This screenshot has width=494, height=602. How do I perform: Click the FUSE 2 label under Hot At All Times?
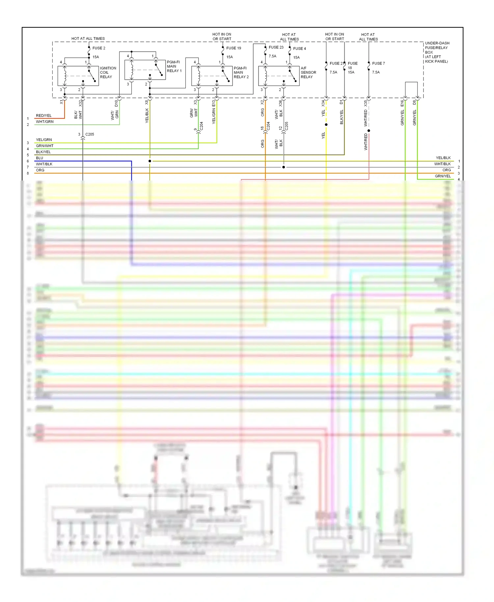[x=99, y=48]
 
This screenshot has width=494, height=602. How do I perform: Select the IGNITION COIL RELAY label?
[x=108, y=72]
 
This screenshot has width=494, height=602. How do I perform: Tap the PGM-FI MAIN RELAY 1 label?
[x=174, y=67]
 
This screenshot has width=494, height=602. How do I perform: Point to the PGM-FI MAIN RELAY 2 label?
[x=241, y=72]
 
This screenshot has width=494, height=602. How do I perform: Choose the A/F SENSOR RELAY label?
[x=308, y=72]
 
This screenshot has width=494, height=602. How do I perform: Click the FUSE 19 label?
[x=233, y=48]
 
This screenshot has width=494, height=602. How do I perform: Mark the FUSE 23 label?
[x=276, y=47]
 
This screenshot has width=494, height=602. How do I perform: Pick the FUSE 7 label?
[x=378, y=64]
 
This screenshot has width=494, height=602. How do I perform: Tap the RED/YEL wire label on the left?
[x=44, y=116]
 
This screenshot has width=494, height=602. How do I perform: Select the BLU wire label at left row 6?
[x=40, y=158]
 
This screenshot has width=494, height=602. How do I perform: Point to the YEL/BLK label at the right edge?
[x=443, y=158]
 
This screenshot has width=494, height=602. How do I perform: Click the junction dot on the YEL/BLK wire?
[x=150, y=161]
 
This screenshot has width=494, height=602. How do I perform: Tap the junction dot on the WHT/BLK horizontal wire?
[x=284, y=167]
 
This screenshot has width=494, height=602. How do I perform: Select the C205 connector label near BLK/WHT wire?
[x=90, y=134]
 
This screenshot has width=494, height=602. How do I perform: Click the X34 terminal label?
[x=323, y=103]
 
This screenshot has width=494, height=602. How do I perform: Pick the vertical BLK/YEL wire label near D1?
[x=342, y=117]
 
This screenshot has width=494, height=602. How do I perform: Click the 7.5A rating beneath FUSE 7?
[x=376, y=72]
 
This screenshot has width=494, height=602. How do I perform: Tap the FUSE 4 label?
[x=299, y=49]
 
